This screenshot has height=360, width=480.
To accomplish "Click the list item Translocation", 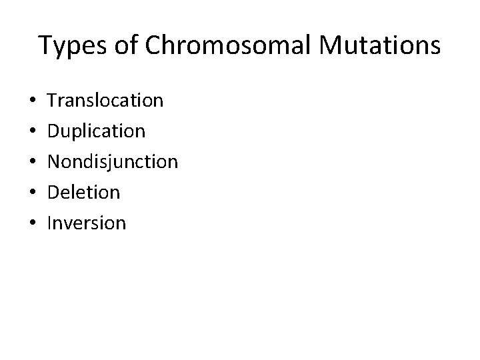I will pyautogui.click(x=105, y=101).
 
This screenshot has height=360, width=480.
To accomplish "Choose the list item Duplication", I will pyautogui.click(x=96, y=131).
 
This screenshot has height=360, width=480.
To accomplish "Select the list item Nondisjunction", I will pyautogui.click(x=113, y=162).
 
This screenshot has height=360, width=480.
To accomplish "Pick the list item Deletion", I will pyautogui.click(x=84, y=193).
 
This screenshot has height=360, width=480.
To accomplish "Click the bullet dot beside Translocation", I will pyautogui.click(x=33, y=101).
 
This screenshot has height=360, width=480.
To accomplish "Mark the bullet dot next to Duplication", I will pyautogui.click(x=33, y=132).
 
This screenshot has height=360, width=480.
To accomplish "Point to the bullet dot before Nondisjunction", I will pyautogui.click(x=33, y=163).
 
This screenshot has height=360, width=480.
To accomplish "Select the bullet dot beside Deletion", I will pyautogui.click(x=33, y=193).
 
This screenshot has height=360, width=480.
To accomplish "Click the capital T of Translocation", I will pyautogui.click(x=53, y=101).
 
